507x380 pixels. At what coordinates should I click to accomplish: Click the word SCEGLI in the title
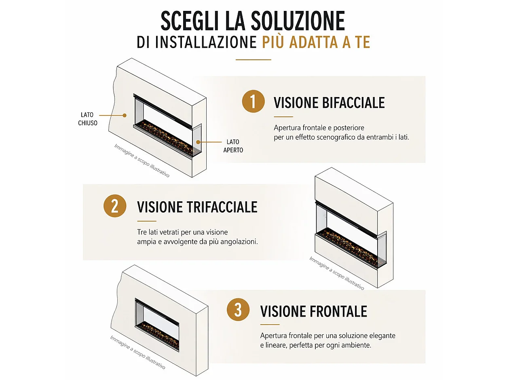click(189, 21)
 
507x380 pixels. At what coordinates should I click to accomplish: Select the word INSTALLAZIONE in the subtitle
click(206, 42)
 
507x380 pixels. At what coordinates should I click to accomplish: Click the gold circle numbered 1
click(253, 101)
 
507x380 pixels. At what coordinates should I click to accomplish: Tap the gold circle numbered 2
click(115, 206)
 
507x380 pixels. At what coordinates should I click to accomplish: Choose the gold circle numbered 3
click(238, 310)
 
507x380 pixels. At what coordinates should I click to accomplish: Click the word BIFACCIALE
click(353, 103)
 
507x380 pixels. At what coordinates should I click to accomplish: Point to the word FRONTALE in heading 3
click(338, 311)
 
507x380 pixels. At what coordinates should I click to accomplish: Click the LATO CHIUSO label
click(88, 119)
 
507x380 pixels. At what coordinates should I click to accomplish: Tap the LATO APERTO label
click(233, 146)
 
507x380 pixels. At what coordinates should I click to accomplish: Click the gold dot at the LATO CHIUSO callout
click(125, 115)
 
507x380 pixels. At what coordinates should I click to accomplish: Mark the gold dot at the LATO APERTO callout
click(198, 142)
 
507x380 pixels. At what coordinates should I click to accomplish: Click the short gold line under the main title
click(253, 59)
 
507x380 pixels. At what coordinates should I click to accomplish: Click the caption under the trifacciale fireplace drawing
click(336, 273)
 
